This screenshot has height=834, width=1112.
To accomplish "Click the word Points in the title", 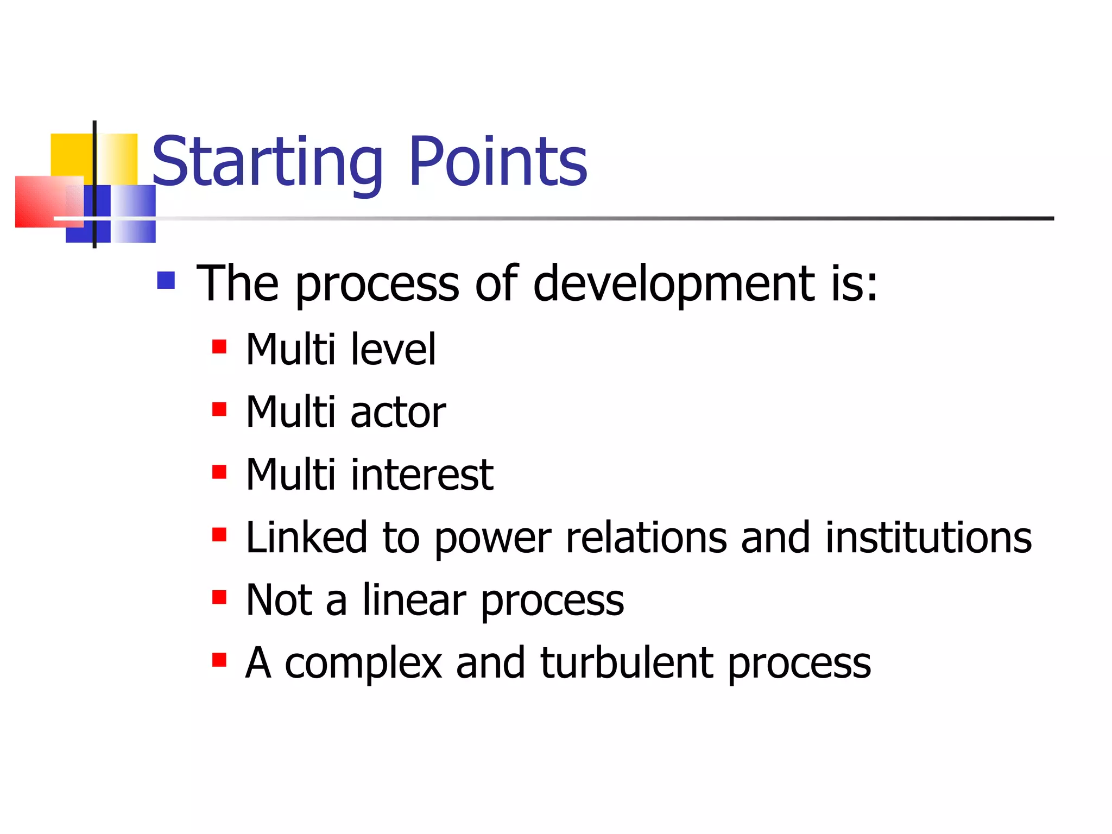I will pos(498,162).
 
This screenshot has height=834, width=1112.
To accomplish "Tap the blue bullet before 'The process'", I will pos(166,280).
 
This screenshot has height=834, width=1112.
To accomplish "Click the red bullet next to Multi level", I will pos(219,346).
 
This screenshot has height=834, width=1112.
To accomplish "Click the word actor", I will pos(398,412).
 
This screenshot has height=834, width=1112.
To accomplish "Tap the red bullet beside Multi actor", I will pos(219,409).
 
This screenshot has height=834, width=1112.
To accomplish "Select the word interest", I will pos(422,475).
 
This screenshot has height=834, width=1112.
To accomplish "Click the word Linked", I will pos(306,537).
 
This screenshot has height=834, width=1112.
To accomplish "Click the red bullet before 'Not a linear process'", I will pos(219,597).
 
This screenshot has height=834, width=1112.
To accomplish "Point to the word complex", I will pos(363,664).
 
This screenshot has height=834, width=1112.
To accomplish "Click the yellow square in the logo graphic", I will pos(71,155).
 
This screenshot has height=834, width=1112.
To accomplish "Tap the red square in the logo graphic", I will pos(41,201).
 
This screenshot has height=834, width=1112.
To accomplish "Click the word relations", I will pos(646,537).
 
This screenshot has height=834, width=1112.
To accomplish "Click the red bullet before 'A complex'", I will pos(219,660).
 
